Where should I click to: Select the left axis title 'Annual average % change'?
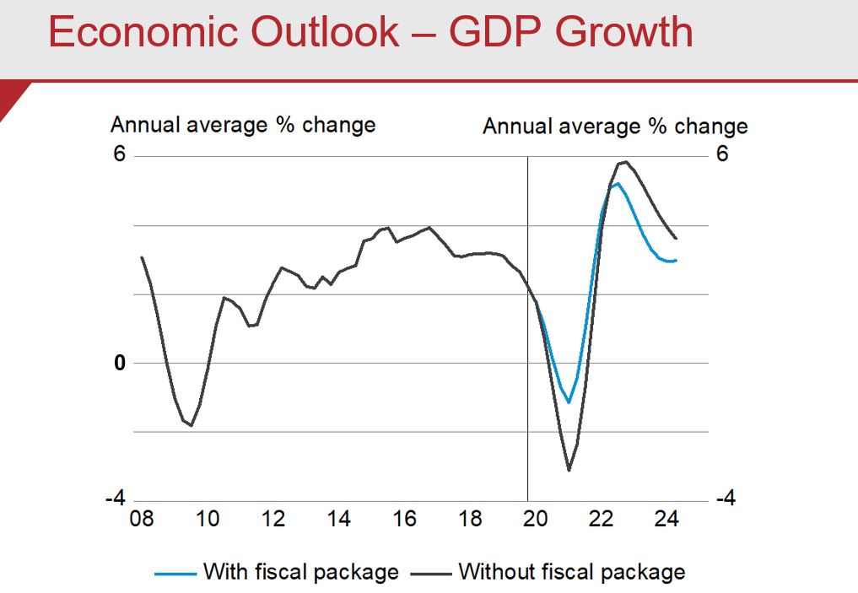[243, 125]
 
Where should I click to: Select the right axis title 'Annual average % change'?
[615, 127]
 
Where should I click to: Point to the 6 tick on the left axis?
[119, 155]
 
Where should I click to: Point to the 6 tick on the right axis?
[722, 155]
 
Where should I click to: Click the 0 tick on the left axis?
[120, 363]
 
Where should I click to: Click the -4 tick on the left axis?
[115, 499]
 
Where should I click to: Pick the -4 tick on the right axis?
[726, 499]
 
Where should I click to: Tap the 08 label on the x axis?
[141, 518]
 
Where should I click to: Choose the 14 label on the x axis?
[338, 518]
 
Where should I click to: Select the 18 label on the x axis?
[470, 518]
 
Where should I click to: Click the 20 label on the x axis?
[535, 518]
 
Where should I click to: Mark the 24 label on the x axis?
[666, 518]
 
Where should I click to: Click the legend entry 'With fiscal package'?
[300, 572]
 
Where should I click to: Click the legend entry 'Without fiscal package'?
[571, 572]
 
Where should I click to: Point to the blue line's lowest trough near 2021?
[569, 402]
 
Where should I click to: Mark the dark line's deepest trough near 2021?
[569, 471]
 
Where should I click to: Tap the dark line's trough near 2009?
[192, 426]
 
